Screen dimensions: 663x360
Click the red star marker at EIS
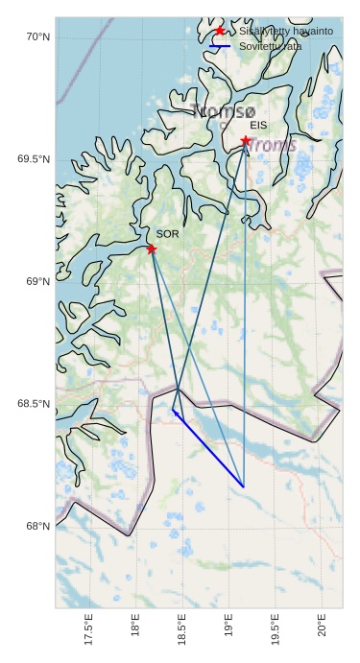246,141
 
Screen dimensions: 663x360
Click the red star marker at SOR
152,249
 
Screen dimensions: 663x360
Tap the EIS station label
257,125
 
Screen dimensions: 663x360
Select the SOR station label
167,233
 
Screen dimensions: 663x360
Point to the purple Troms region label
273,146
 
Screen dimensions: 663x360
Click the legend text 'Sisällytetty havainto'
286,32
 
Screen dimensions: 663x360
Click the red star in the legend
220,32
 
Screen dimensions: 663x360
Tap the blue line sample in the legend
220,46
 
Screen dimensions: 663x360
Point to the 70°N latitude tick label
37,37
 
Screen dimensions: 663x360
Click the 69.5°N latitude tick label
34,159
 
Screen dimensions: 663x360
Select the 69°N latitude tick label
37,281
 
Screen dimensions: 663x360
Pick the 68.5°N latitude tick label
34,404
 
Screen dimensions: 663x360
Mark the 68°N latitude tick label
37,526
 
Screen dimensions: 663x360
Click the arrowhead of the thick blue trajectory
174,412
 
